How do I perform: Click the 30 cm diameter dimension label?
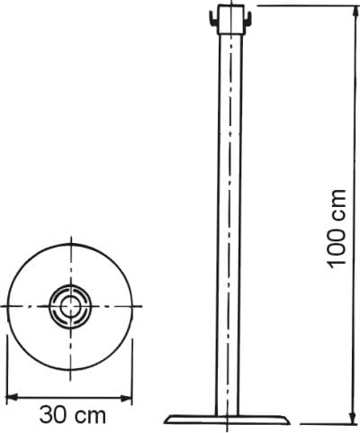(73, 415)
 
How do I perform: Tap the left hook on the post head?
(212, 19)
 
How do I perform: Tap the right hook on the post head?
(247, 19)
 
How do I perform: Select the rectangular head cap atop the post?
(230, 19)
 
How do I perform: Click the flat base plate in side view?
(229, 419)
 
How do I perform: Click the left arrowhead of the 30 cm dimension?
(10, 398)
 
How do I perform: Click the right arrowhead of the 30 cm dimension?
(128, 398)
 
